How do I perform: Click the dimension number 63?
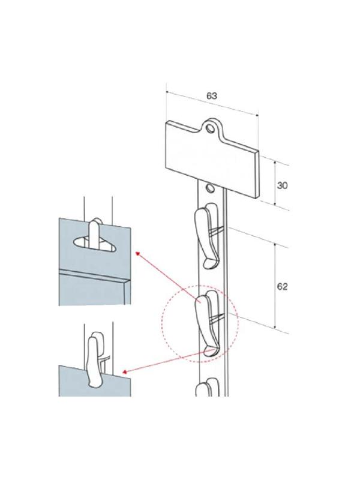coord(212,96)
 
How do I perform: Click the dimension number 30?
coord(282,185)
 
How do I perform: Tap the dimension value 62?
coord(282,287)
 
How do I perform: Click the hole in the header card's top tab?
coord(211,128)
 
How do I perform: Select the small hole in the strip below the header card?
coord(210,188)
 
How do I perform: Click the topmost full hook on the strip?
coord(207,235)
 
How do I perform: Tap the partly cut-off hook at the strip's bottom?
coord(207,387)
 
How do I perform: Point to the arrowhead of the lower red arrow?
coord(125,371)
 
